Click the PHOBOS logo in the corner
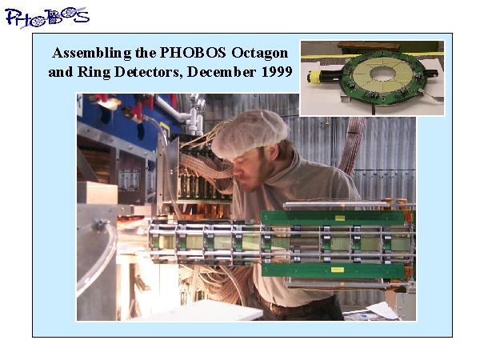tap(47, 18)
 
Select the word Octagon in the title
tap(259, 53)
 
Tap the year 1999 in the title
tap(277, 72)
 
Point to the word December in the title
tap(222, 72)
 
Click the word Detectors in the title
tap(148, 72)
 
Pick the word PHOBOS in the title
tap(193, 53)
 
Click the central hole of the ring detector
tap(382, 74)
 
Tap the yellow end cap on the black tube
tap(314, 77)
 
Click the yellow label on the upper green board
tap(340, 218)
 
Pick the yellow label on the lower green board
tap(337, 270)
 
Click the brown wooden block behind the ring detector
tap(369, 47)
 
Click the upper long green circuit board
tap(334, 218)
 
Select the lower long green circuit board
tap(334, 270)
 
